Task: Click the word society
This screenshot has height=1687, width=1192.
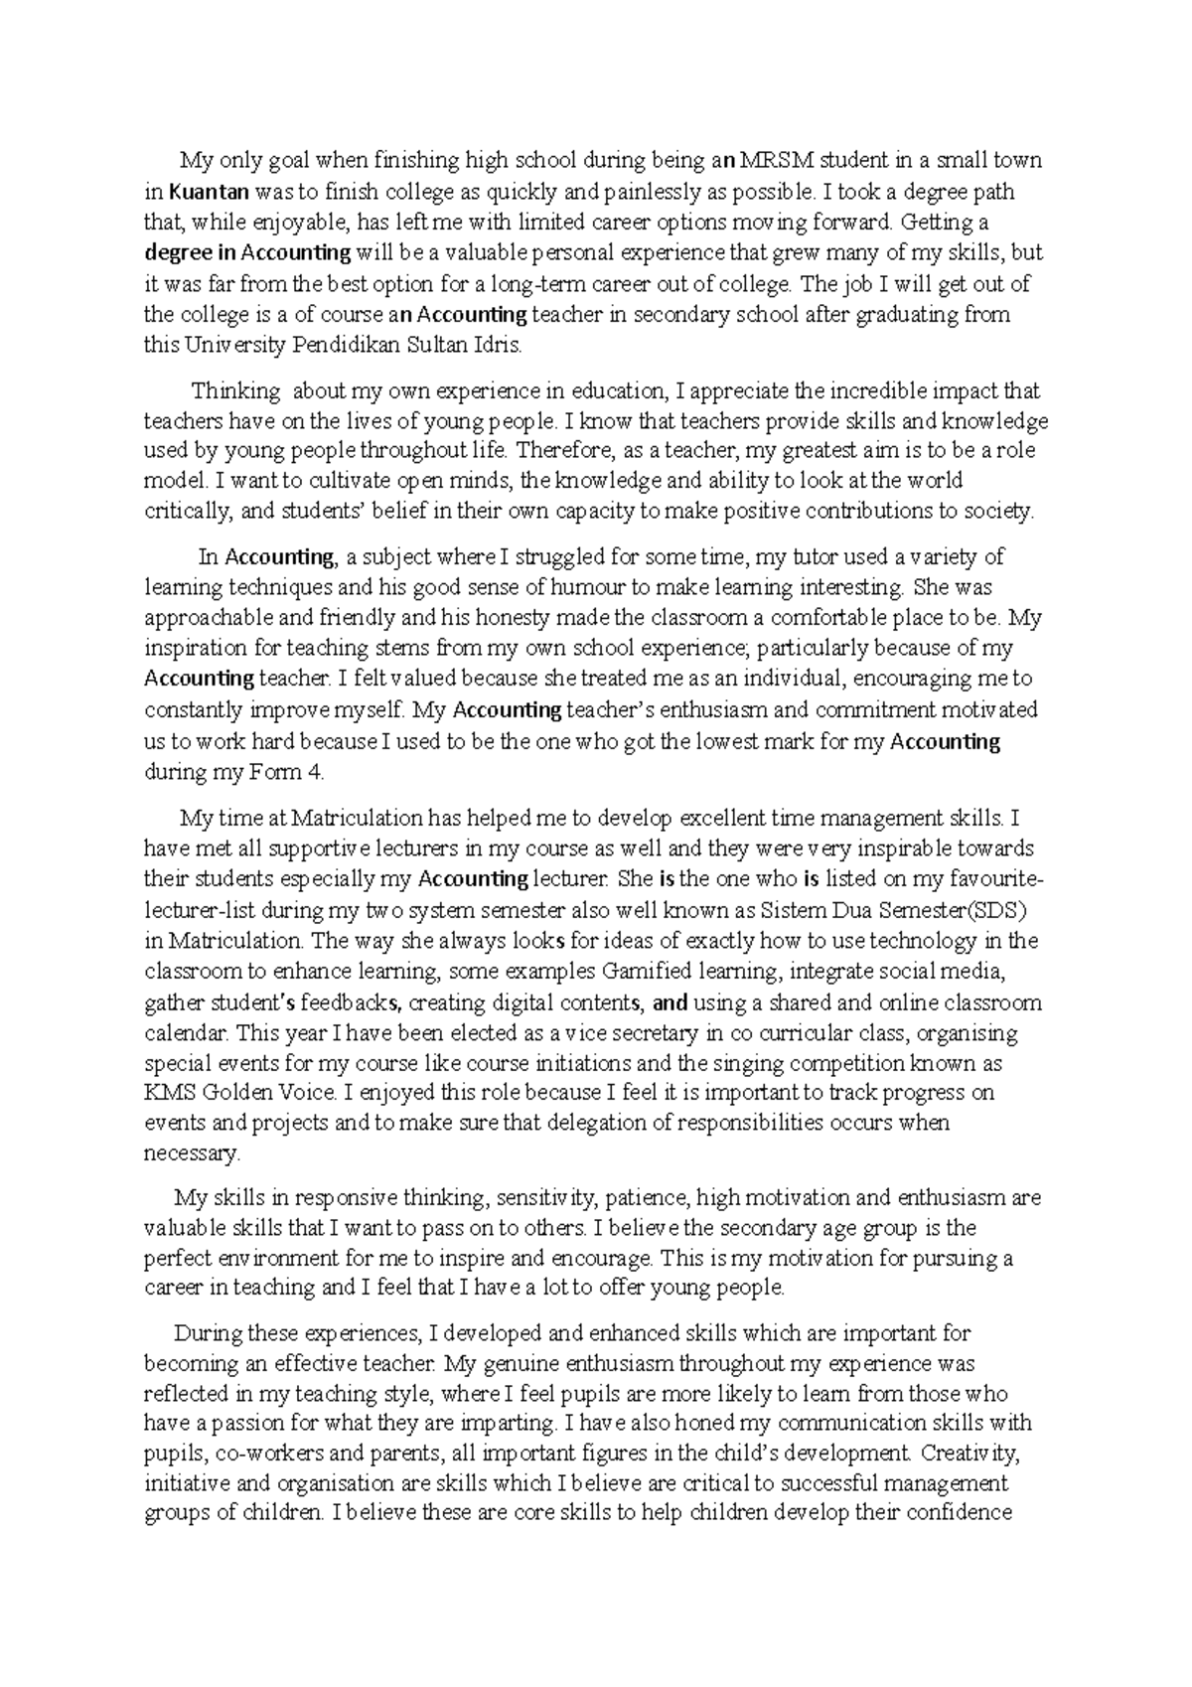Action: (x=997, y=512)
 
